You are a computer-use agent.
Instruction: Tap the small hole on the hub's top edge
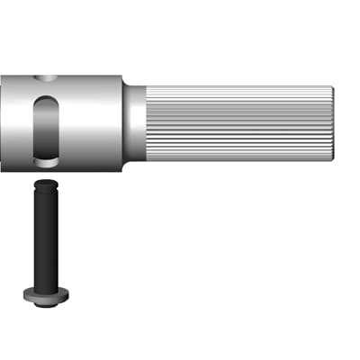pyautogui.click(x=44, y=80)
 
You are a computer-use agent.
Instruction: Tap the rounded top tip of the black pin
pyautogui.click(x=43, y=182)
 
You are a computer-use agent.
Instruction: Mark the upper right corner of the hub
pyautogui.click(x=121, y=77)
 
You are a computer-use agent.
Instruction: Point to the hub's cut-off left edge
pyautogui.click(x=3, y=121)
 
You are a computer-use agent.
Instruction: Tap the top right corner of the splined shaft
pyautogui.click(x=330, y=87)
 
